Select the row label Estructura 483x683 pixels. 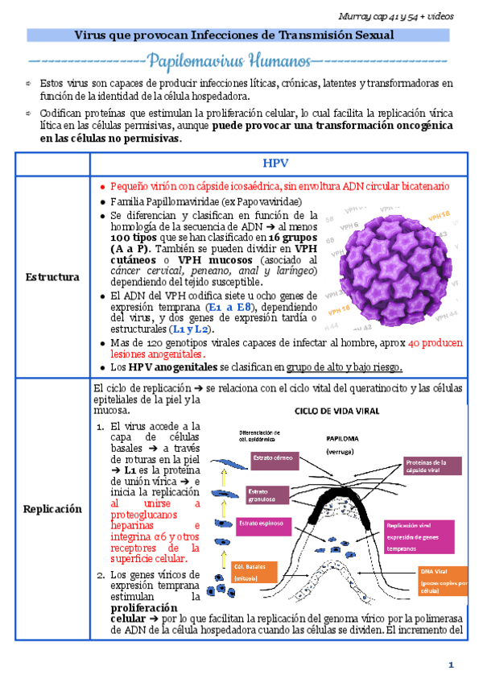point(52,277)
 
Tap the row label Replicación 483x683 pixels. point(52,509)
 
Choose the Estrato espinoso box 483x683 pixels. point(262,524)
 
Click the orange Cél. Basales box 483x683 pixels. point(254,571)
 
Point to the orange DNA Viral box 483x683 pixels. point(441,580)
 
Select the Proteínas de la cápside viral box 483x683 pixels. point(433,467)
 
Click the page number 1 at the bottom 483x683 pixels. point(452,664)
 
